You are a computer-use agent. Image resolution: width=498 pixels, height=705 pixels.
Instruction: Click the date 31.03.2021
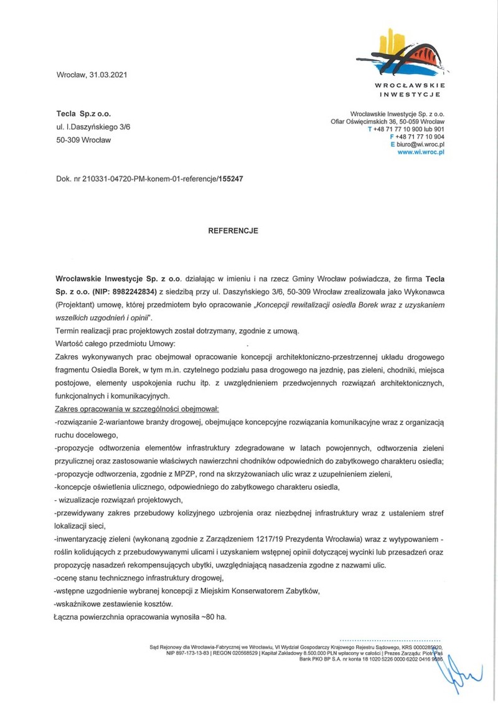(108, 75)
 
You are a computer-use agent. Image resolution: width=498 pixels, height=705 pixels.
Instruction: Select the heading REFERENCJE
(233, 230)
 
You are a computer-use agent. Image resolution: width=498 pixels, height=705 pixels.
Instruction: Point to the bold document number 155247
(230, 179)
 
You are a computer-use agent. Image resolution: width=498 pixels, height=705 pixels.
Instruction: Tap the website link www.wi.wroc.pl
(420, 151)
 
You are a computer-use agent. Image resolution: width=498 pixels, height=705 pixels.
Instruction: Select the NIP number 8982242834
(129, 289)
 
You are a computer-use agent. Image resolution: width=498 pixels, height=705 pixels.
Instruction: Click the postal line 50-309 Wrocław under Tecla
(83, 140)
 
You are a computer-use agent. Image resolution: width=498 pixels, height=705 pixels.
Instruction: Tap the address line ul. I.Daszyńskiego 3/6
(93, 127)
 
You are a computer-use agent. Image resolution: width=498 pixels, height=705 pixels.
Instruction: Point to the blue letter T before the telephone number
(370, 129)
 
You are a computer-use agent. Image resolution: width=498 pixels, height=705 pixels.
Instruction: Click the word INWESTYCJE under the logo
(410, 95)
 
